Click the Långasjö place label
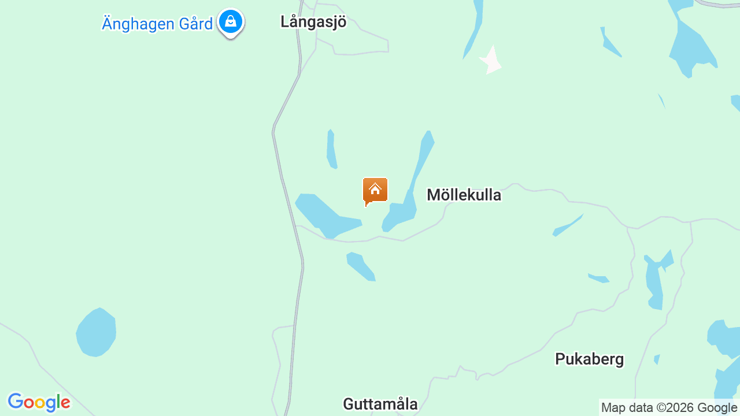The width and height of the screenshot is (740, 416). click(313, 22)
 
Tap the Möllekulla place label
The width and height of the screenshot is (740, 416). click(464, 195)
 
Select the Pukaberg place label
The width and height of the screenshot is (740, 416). click(589, 359)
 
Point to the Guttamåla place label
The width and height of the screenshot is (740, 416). click(380, 404)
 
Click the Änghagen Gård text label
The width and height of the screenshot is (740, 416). click(157, 24)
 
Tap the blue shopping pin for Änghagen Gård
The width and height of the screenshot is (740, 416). click(231, 23)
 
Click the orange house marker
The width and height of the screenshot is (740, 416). click(375, 191)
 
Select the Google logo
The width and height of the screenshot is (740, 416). click(39, 402)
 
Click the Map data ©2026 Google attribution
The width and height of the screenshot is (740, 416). click(669, 408)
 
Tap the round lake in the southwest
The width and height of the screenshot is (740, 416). click(97, 332)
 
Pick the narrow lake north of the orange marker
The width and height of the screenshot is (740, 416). click(331, 148)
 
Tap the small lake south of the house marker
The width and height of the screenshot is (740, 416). click(361, 266)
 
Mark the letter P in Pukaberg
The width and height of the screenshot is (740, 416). click(560, 359)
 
